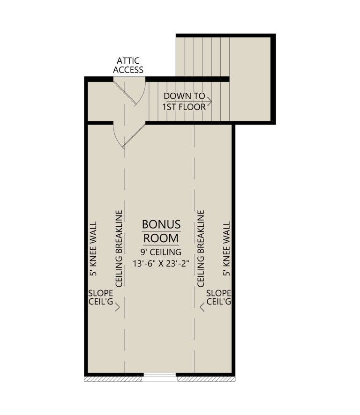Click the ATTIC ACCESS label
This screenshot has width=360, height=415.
coord(128,65)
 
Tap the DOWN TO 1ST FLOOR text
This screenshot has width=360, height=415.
coord(184,101)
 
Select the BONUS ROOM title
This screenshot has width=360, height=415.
coord(161,231)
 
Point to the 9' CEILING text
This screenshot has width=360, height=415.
coord(161,252)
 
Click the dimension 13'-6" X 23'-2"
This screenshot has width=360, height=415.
coord(161,264)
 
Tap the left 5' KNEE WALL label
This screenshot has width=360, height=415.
coord(93,249)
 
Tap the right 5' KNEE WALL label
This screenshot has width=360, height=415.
coord(227,249)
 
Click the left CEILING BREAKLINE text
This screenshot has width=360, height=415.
coord(119,249)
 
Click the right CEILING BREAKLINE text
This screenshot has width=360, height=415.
coord(201,249)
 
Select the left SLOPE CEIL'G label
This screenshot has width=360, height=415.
coord(101,297)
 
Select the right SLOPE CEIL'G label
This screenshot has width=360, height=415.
coord(218,297)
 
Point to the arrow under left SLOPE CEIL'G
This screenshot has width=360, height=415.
coord(107,307)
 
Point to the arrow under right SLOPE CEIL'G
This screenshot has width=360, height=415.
coord(213,307)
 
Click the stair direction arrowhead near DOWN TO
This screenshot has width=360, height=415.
coord(210,101)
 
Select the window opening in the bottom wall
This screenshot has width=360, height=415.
coord(159,378)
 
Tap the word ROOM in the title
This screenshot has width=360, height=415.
coord(161,238)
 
